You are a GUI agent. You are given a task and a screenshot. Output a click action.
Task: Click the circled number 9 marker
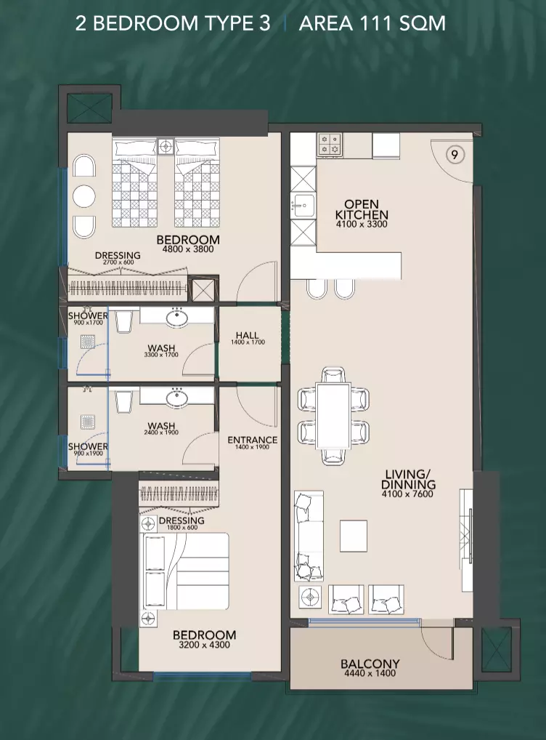pyautogui.click(x=455, y=155)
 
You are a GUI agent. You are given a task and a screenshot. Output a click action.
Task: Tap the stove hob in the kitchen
pyautogui.click(x=330, y=145)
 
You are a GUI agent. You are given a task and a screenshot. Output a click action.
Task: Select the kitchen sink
pyautogui.click(x=302, y=205)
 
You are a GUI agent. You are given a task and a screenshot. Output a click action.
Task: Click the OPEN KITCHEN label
pyautogui.click(x=362, y=209)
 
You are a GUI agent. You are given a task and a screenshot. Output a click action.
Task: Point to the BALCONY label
pyautogui.click(x=370, y=664)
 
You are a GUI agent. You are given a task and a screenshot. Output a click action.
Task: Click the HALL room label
pyautogui.click(x=247, y=335)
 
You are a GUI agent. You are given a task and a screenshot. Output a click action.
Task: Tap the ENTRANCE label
pyautogui.click(x=252, y=440)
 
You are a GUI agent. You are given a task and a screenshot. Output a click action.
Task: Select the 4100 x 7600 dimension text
pyautogui.click(x=408, y=494)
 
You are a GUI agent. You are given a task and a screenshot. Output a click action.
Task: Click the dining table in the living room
pyautogui.click(x=333, y=416)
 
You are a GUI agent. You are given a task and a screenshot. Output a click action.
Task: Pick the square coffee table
pyautogui.click(x=354, y=536)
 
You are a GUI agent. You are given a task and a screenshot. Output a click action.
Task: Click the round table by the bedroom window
pyautogui.click(x=84, y=196)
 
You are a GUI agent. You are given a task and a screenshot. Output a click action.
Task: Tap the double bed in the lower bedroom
pyautogui.click(x=185, y=571)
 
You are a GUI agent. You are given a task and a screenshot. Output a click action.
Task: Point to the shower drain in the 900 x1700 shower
pyautogui.click(x=88, y=342)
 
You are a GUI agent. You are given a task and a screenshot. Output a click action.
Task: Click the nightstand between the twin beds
pyautogui.click(x=166, y=147)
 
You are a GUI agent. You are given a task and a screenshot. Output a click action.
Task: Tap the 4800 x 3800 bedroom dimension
pyautogui.click(x=188, y=249)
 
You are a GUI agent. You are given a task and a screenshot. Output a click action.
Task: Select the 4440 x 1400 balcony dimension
pyautogui.click(x=370, y=673)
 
